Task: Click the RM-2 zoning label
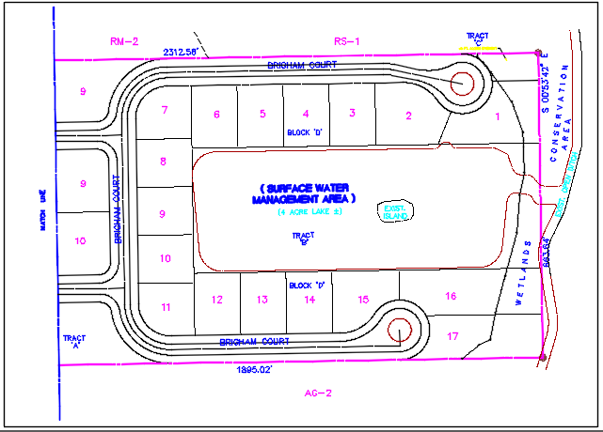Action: tap(123, 40)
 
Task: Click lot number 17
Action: tap(452, 335)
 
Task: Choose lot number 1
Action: tap(498, 116)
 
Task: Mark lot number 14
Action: tap(309, 300)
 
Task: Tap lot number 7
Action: tap(165, 111)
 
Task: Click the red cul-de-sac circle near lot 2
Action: tap(461, 84)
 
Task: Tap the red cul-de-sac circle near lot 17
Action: tap(399, 331)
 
